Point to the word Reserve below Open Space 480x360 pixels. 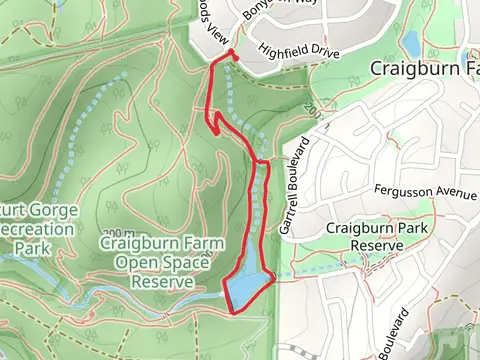[161, 281]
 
